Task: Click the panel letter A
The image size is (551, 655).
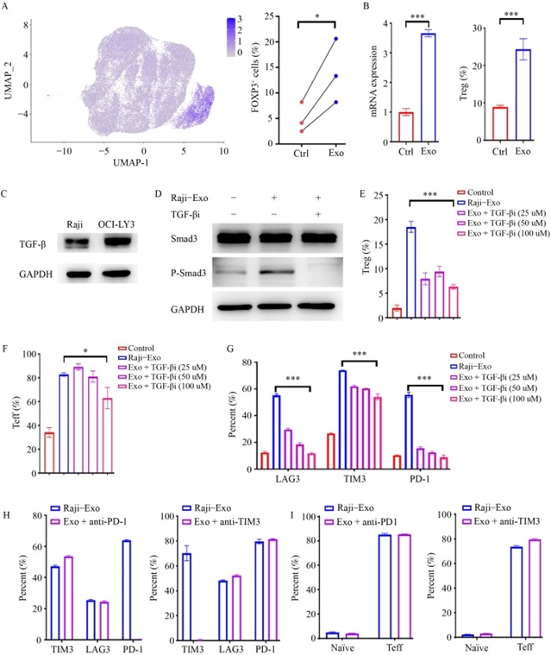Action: [x=7, y=6]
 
